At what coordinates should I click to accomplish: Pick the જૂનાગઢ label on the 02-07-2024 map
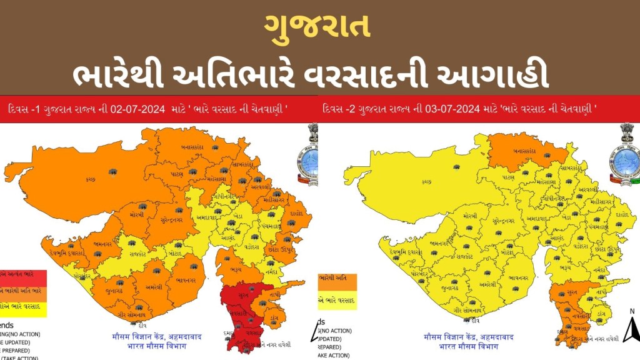pyautogui.click(x=114, y=289)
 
